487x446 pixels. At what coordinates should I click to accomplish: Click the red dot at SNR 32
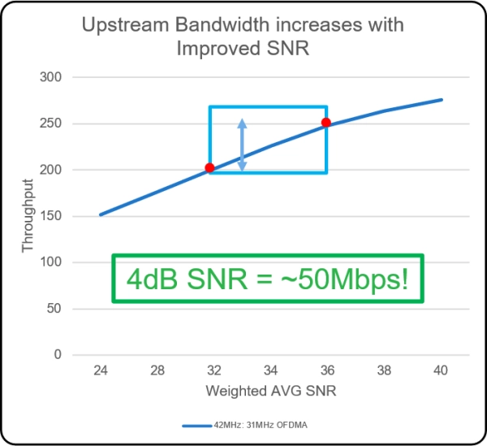tap(209, 168)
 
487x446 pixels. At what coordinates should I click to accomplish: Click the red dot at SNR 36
tap(325, 123)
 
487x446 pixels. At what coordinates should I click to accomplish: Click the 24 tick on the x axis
tap(101, 370)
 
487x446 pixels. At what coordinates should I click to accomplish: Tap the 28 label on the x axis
tap(157, 370)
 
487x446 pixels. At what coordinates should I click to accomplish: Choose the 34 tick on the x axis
tap(271, 370)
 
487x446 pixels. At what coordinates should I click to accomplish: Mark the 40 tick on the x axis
tap(441, 370)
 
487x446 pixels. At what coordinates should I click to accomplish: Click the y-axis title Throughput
tap(29, 216)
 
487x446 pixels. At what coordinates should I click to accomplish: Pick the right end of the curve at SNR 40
tap(442, 100)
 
